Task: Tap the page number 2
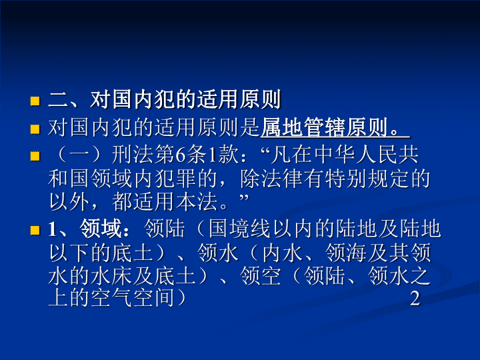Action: click(415, 298)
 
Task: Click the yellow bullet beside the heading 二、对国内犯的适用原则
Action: click(35, 101)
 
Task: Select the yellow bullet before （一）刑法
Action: click(35, 157)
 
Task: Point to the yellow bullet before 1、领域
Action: click(35, 230)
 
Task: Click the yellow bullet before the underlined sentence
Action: click(35, 129)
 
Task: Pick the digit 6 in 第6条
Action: click(181, 155)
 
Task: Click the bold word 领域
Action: click(101, 229)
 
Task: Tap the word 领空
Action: click(261, 275)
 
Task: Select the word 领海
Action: click(345, 253)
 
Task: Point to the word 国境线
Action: click(240, 229)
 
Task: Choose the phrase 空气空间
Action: click(133, 298)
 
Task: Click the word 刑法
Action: click(133, 155)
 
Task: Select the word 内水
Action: click(282, 253)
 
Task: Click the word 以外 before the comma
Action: click(69, 202)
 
